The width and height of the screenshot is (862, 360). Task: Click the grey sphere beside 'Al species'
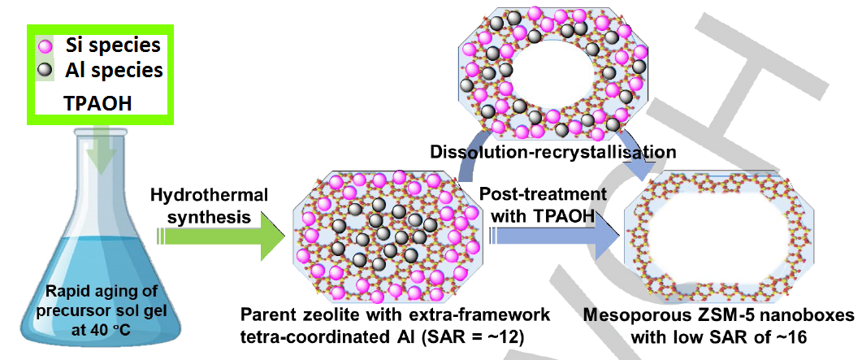(x=46, y=70)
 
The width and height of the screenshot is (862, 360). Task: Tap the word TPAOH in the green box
(x=97, y=104)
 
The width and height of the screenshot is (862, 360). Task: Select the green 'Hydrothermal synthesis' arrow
(x=219, y=236)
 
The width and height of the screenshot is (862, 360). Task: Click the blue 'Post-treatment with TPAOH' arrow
(x=552, y=236)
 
